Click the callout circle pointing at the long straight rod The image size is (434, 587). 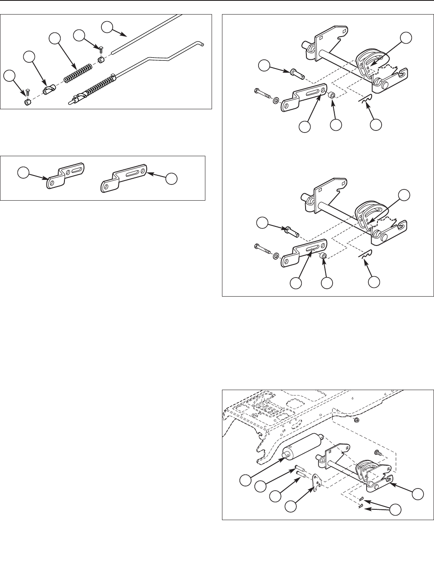coord(107,27)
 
